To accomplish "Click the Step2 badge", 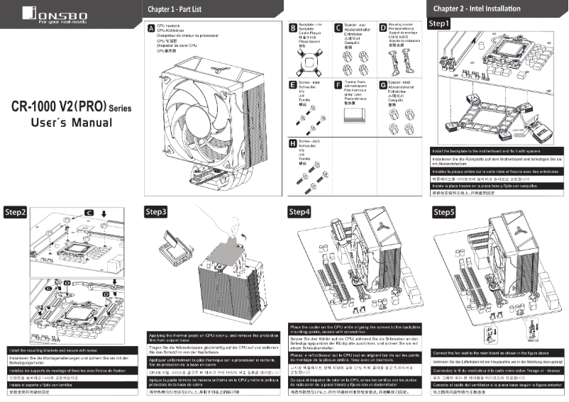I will [x=16, y=212].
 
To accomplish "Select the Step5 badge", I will [x=443, y=211].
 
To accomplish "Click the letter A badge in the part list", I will [x=150, y=30].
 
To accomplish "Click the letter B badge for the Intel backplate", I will [x=294, y=28].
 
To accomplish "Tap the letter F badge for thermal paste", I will [x=338, y=84].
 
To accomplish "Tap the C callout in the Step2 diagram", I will [x=89, y=212].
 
